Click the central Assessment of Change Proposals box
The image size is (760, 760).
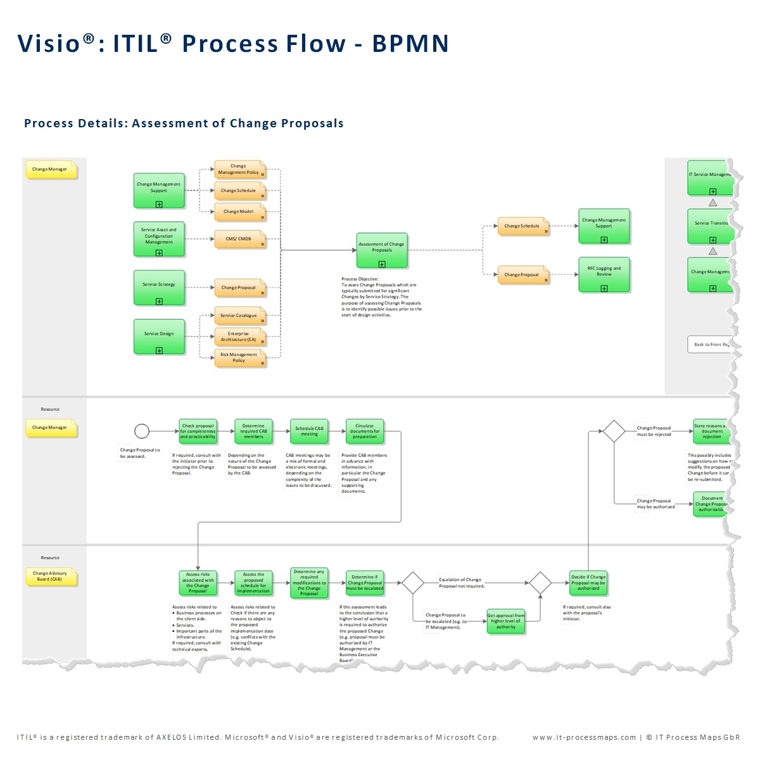pyautogui.click(x=381, y=250)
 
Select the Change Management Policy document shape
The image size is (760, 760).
pyautogui.click(x=239, y=170)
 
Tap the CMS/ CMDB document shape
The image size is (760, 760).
pyautogui.click(x=239, y=239)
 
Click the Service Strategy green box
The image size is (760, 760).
pyautogui.click(x=159, y=288)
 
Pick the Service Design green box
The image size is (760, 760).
pyautogui.click(x=159, y=336)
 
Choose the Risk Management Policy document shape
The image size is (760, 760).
pyautogui.click(x=239, y=358)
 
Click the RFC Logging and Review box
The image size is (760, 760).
pyautogui.click(x=604, y=274)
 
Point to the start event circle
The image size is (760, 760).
pyautogui.click(x=142, y=431)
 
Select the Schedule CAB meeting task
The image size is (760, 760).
pyautogui.click(x=309, y=431)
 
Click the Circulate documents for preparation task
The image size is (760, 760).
pyautogui.click(x=365, y=431)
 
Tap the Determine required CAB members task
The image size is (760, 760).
pyautogui.click(x=253, y=431)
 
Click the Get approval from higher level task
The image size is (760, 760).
pyautogui.click(x=505, y=621)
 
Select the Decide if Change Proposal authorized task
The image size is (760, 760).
pyautogui.click(x=588, y=583)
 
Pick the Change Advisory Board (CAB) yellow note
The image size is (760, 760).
pyautogui.click(x=50, y=576)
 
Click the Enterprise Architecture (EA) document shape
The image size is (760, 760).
pyautogui.click(x=239, y=336)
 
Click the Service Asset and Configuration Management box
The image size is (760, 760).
pyautogui.click(x=159, y=239)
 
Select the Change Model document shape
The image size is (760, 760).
pyautogui.click(x=239, y=212)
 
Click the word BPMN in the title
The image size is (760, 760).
pyautogui.click(x=410, y=44)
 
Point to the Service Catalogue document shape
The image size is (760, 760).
pyautogui.click(x=239, y=315)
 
